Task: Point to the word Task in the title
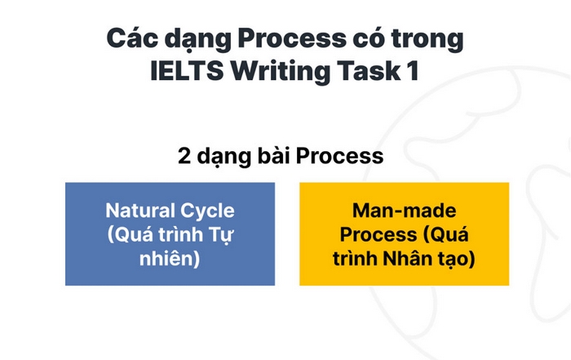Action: tap(356, 71)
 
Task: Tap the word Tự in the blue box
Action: tap(234, 235)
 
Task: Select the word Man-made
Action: tap(404, 211)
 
